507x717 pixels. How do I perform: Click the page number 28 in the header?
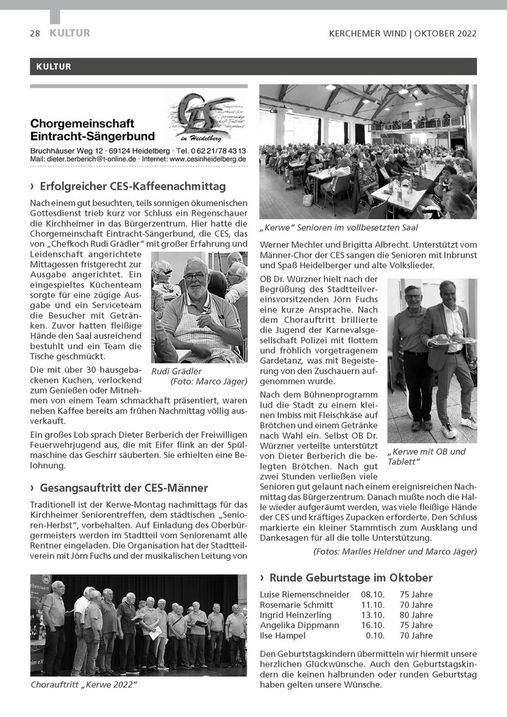[34, 33]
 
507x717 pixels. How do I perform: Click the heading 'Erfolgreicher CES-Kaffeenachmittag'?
[132, 186]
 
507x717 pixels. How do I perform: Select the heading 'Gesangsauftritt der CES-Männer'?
[124, 487]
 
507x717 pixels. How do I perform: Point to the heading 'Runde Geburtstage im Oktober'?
[351, 578]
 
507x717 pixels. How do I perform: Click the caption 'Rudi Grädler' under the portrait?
[176, 371]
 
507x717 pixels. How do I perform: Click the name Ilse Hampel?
[283, 636]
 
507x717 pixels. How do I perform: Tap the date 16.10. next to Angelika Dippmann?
[373, 625]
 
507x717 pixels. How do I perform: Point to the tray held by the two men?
[448, 338]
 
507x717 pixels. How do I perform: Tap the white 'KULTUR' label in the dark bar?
[51, 67]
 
